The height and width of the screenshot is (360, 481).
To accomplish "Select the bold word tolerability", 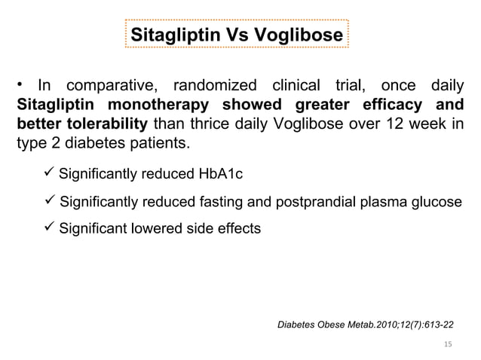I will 105,124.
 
